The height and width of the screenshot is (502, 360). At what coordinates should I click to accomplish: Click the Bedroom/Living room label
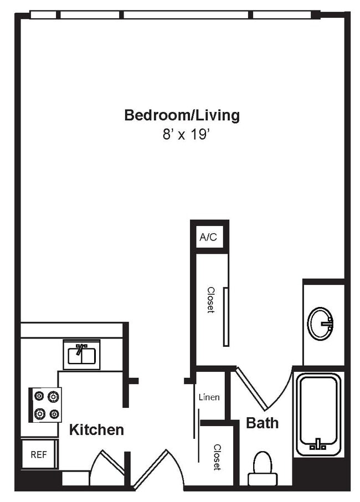(182, 115)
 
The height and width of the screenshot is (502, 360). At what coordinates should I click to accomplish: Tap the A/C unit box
(208, 238)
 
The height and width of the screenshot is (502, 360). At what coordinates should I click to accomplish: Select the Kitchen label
(96, 429)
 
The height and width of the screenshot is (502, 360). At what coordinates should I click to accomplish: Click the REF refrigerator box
(38, 454)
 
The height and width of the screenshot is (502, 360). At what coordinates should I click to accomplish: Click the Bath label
(262, 423)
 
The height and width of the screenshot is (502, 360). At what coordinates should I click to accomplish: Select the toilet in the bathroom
(262, 468)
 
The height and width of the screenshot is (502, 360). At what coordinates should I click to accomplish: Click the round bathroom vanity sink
(321, 324)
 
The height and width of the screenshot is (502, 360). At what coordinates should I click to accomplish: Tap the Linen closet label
(209, 397)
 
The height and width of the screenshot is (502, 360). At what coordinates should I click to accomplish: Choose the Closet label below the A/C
(210, 300)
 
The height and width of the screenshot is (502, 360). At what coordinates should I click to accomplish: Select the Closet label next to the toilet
(217, 457)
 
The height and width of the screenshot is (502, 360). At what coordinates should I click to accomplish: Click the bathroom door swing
(260, 388)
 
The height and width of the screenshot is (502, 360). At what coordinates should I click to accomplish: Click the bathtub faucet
(318, 444)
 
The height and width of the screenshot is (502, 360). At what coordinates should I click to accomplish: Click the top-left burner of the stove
(39, 396)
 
